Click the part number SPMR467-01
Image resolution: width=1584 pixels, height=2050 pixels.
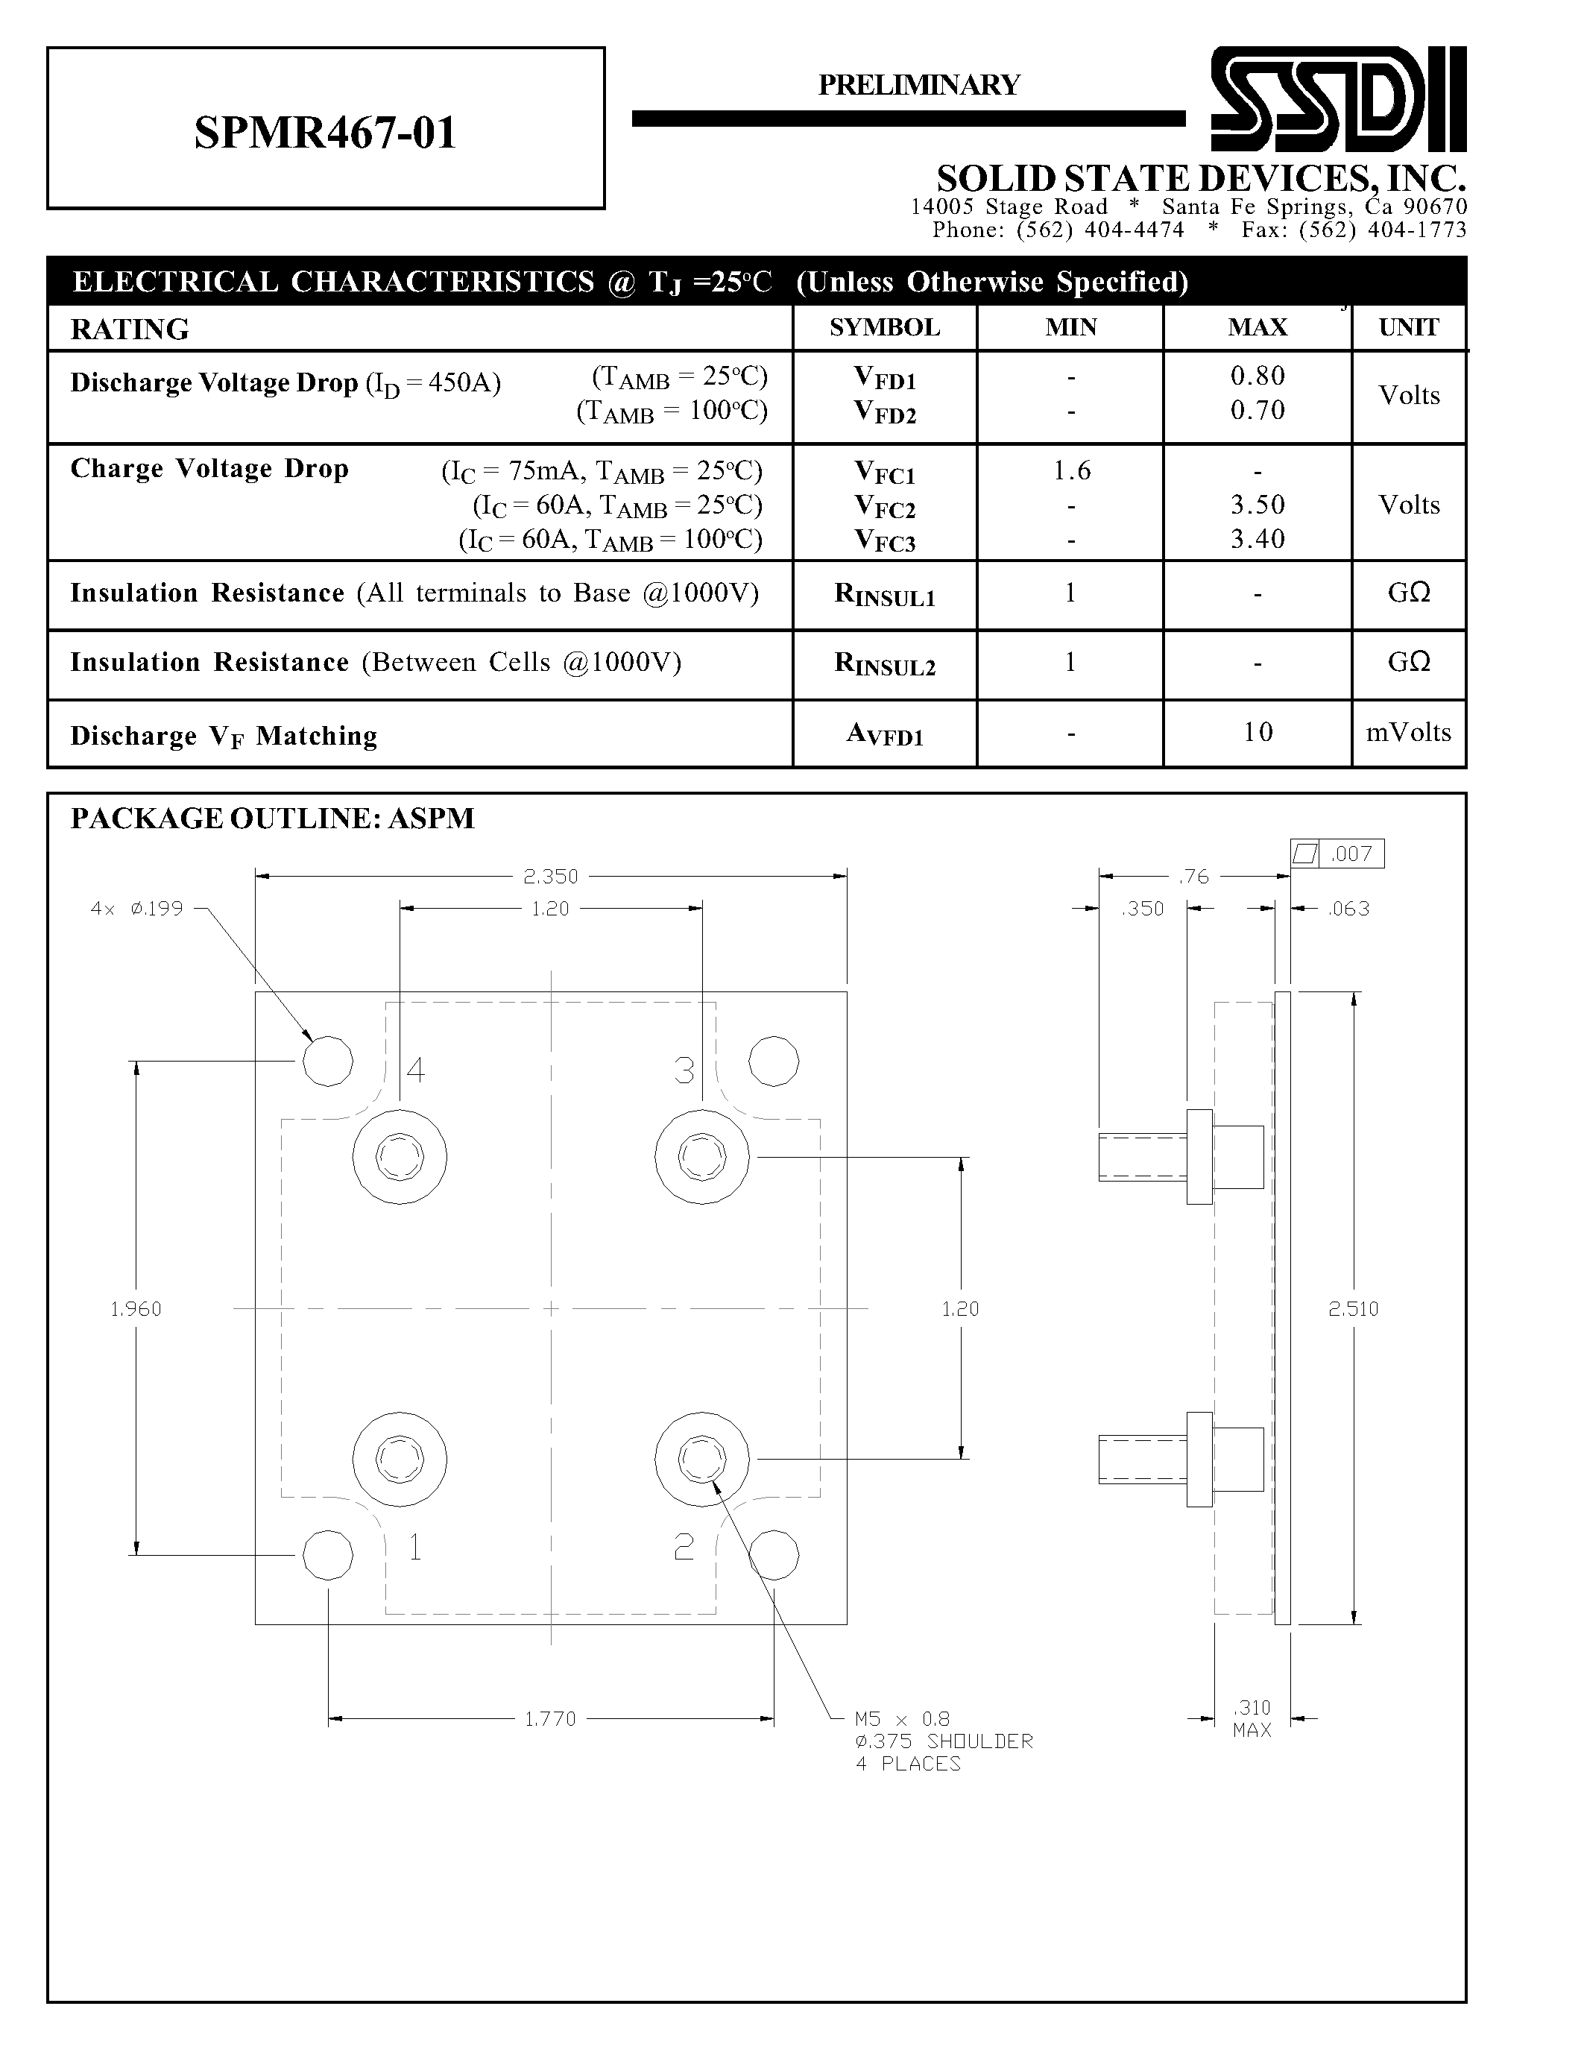[325, 133]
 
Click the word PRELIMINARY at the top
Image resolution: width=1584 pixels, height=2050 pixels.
[918, 86]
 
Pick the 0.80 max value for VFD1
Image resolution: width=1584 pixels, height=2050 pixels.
[1257, 376]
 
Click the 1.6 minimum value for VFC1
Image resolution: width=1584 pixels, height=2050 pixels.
[1070, 471]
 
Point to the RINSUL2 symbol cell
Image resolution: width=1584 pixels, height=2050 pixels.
[884, 664]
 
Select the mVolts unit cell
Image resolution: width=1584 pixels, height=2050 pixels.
[1407, 732]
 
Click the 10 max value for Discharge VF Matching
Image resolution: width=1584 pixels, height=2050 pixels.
[1257, 732]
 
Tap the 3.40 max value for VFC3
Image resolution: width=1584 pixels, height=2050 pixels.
[1257, 540]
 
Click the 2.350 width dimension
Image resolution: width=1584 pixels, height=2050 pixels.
[551, 877]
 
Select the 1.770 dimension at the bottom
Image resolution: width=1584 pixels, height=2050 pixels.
[550, 1719]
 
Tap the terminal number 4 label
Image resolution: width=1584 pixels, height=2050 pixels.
[414, 1070]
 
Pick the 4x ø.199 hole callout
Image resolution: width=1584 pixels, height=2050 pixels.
[137, 909]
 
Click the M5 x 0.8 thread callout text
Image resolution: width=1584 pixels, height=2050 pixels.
[902, 1719]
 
